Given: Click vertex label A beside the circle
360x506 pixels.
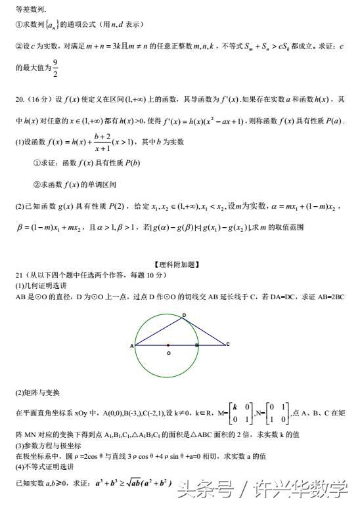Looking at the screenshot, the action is pos(132,345).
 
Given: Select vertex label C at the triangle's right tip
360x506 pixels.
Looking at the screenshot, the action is pos(227,344).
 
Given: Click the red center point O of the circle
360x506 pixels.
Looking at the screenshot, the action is pos(168,345).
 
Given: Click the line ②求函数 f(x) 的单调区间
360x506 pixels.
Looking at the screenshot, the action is pos(74,184).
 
